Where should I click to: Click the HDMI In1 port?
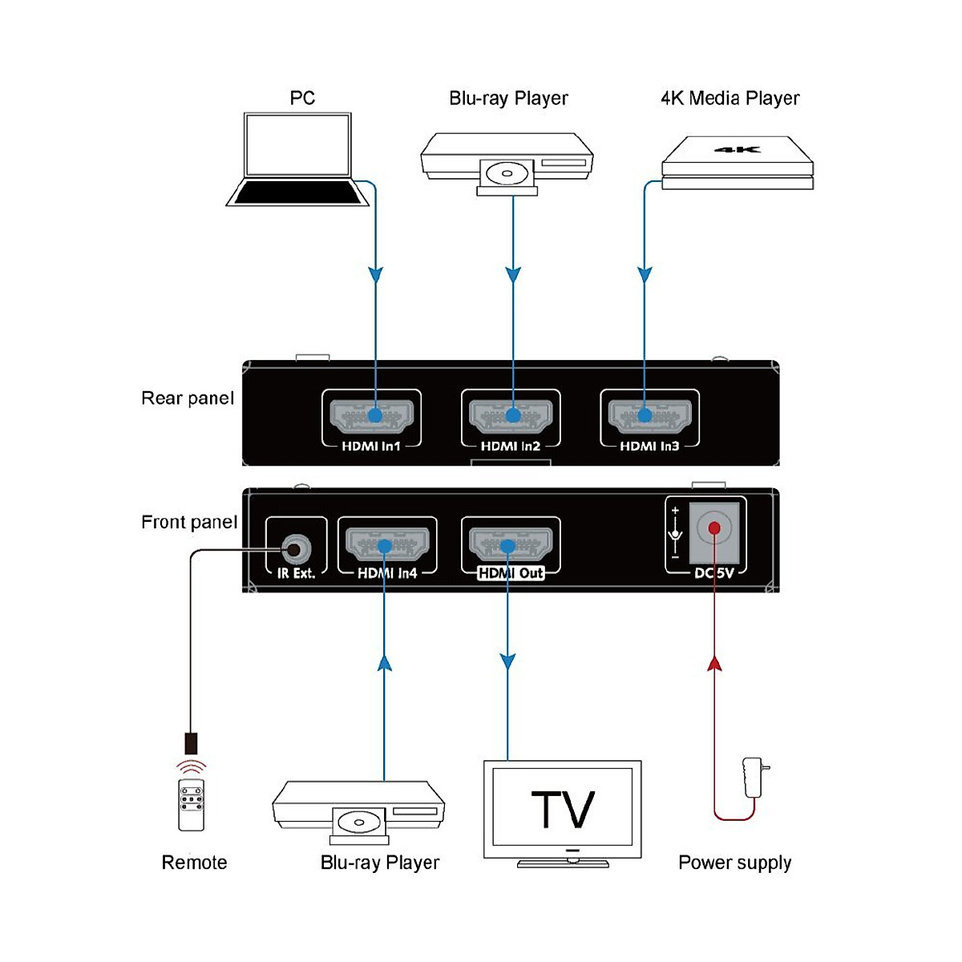point(371,415)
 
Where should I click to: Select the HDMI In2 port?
point(511,415)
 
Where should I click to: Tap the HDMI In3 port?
point(649,415)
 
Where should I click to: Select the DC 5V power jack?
point(713,529)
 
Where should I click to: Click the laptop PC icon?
point(297,160)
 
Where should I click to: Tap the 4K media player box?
point(738,164)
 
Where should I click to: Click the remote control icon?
point(192,804)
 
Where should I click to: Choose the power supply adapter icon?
point(754,777)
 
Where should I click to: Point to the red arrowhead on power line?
point(714,663)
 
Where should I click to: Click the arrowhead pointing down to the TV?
point(507,661)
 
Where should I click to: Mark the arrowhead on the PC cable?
point(375,275)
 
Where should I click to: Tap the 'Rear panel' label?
point(188,398)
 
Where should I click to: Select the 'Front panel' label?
point(189,522)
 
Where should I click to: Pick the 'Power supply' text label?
point(734,863)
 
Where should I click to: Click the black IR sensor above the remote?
point(191,742)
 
